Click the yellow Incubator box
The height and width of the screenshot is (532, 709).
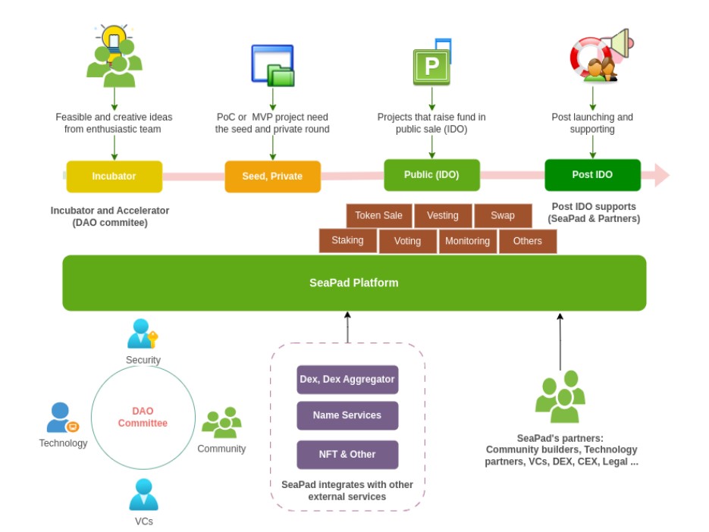tap(114, 177)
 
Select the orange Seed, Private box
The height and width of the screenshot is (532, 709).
tap(272, 177)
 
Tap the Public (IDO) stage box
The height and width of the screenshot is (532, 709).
tap(431, 175)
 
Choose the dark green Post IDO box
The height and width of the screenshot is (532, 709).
tap(592, 175)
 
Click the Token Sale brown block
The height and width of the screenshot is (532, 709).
tap(379, 216)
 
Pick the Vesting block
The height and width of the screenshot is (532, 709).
tap(442, 216)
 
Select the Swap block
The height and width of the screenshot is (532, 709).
tap(502, 216)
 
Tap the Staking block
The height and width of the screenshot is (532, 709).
tap(347, 241)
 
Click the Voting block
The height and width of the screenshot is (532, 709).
tap(407, 242)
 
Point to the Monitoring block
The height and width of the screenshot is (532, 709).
tap(467, 242)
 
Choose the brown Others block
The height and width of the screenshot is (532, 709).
tap(527, 242)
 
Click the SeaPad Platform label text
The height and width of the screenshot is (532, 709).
tap(353, 283)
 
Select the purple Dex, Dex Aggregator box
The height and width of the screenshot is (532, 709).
tap(347, 379)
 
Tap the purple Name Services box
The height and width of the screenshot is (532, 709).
tap(347, 415)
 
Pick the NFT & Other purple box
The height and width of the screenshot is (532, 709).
tap(347, 454)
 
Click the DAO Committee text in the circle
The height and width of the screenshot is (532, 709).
tap(143, 418)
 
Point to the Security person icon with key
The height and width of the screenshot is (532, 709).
tap(142, 334)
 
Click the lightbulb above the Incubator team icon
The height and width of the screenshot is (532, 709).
tap(114, 37)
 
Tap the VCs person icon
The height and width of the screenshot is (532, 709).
tap(143, 495)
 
